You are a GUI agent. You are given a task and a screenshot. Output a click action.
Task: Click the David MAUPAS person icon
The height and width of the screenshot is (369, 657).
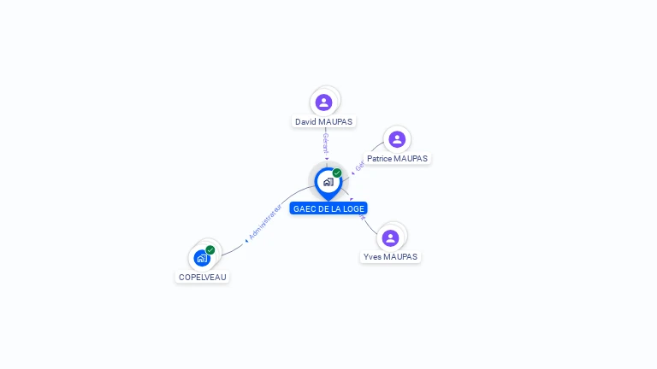pyautogui.click(x=323, y=102)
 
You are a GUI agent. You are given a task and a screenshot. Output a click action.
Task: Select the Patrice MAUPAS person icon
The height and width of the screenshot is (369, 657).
pyautogui.click(x=396, y=139)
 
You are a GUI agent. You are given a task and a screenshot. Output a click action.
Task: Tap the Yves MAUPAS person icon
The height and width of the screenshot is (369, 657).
pyautogui.click(x=390, y=237)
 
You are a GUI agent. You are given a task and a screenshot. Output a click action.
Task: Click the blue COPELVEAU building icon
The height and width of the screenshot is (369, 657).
pyautogui.click(x=201, y=257)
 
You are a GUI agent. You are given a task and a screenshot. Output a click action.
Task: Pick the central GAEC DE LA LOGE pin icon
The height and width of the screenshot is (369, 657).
pyautogui.click(x=328, y=181)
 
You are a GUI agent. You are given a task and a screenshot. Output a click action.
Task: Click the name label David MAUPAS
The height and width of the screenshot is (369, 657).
pyautogui.click(x=323, y=122)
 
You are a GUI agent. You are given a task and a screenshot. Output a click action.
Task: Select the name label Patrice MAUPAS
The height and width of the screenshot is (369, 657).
pyautogui.click(x=397, y=159)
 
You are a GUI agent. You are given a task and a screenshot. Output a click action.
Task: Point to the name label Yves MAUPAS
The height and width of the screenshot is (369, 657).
pyautogui.click(x=390, y=257)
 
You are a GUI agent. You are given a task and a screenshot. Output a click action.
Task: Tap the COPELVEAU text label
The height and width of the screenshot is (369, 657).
pyautogui.click(x=203, y=277)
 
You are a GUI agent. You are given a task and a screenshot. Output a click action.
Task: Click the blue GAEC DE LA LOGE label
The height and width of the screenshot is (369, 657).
pyautogui.click(x=328, y=208)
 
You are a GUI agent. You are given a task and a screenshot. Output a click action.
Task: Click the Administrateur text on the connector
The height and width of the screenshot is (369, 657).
pyautogui.click(x=264, y=221)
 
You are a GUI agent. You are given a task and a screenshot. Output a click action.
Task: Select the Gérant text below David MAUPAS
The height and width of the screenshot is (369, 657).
pyautogui.click(x=325, y=143)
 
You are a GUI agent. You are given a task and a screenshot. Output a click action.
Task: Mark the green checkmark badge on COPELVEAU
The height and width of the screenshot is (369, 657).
pyautogui.click(x=210, y=249)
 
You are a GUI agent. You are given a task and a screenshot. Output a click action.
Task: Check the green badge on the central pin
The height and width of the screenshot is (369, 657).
pyautogui.click(x=337, y=173)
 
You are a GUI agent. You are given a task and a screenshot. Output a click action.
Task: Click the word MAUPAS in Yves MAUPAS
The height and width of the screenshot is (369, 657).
pyautogui.click(x=400, y=257)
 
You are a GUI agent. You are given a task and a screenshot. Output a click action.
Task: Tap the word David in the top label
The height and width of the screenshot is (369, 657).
pyautogui.click(x=305, y=122)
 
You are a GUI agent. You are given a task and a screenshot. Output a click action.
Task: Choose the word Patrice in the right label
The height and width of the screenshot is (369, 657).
pyautogui.click(x=380, y=159)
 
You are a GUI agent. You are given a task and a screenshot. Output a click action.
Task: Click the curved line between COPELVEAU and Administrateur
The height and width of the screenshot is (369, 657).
pyautogui.click(x=231, y=249)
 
